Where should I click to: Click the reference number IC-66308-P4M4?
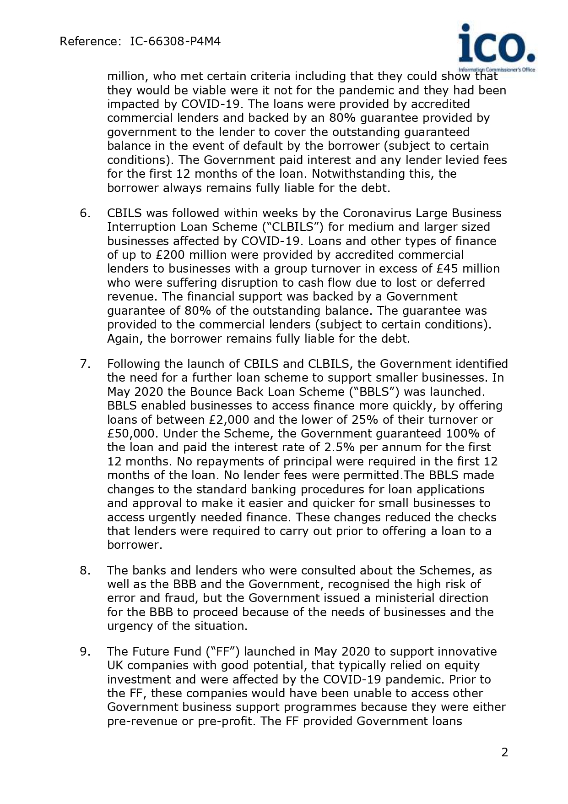tap(175, 42)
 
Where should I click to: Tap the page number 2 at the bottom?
tap(504, 752)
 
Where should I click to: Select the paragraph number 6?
tap(85, 213)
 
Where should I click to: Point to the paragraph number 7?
tap(85, 364)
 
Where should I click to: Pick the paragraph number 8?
tap(85, 570)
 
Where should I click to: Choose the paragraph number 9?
tap(85, 651)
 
